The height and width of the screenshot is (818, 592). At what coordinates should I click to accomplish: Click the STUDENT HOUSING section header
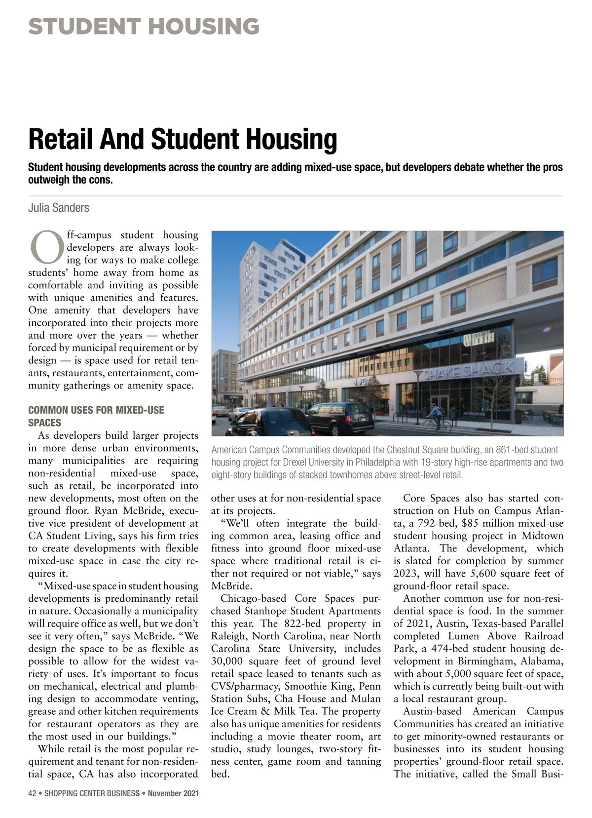[144, 26]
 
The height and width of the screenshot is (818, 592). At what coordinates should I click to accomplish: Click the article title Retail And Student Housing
[183, 139]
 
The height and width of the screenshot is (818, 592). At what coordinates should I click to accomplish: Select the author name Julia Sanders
[59, 208]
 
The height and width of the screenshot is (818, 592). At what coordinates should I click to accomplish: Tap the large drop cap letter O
[45, 248]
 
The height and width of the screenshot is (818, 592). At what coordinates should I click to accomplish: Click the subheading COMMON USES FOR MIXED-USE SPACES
[96, 416]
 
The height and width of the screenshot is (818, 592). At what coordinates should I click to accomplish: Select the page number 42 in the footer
[33, 794]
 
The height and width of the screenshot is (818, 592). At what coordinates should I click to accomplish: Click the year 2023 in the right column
[406, 574]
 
